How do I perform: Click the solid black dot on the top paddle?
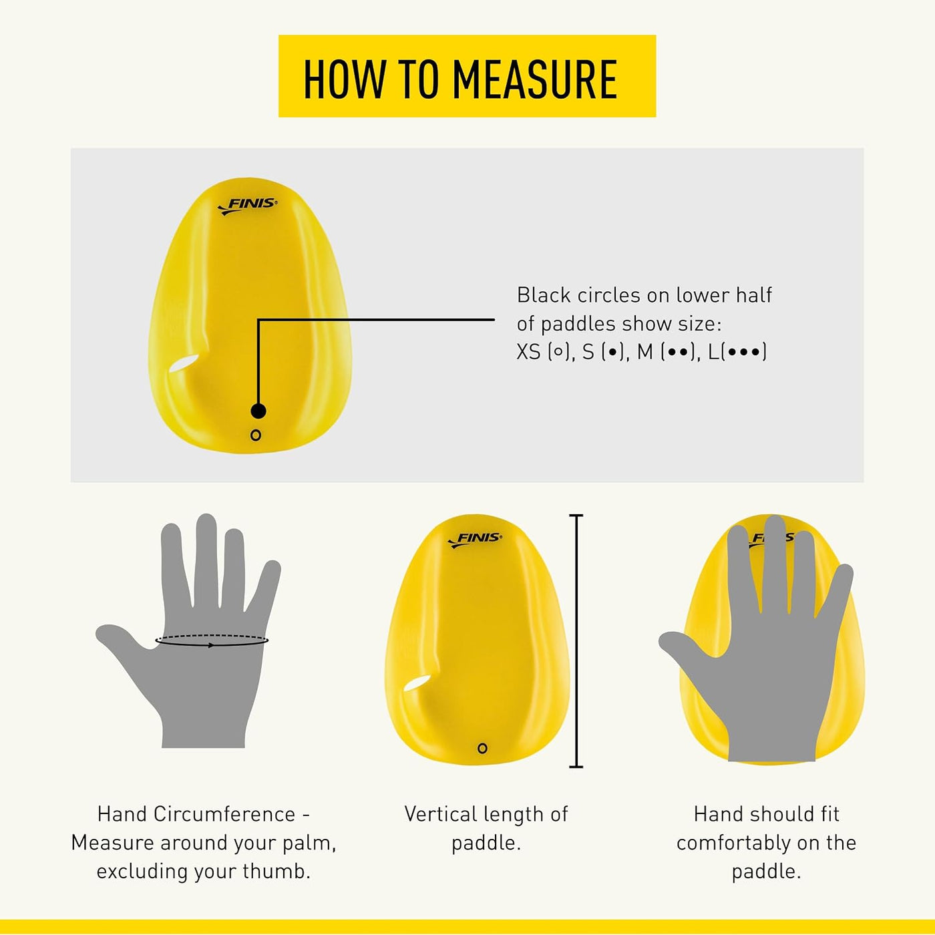(258, 411)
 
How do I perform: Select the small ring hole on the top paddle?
(256, 435)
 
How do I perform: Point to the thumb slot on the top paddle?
(184, 363)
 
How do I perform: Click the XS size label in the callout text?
(528, 352)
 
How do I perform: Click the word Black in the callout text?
(544, 295)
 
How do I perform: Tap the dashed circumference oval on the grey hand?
(212, 640)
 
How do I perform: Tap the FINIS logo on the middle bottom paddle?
(475, 539)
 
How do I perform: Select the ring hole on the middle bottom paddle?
(482, 748)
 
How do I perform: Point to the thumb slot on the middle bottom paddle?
(418, 684)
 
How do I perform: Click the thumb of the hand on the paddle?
(684, 650)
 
